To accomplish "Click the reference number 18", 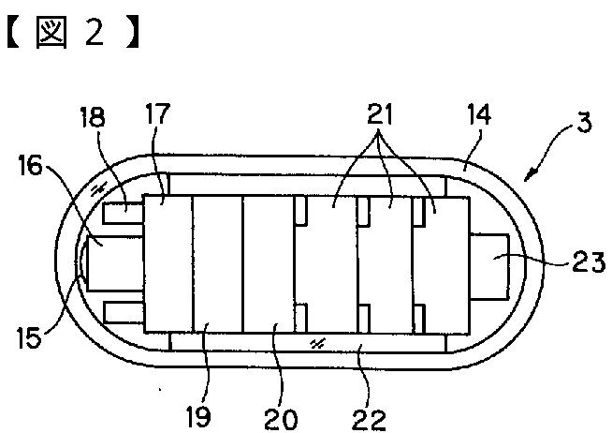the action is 94,118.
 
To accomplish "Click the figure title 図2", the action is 75,36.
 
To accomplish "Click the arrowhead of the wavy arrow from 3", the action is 527,175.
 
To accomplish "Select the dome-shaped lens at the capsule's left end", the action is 83,261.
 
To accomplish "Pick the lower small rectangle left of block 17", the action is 122,311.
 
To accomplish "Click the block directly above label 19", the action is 216,263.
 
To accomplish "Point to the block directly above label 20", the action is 268,263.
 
